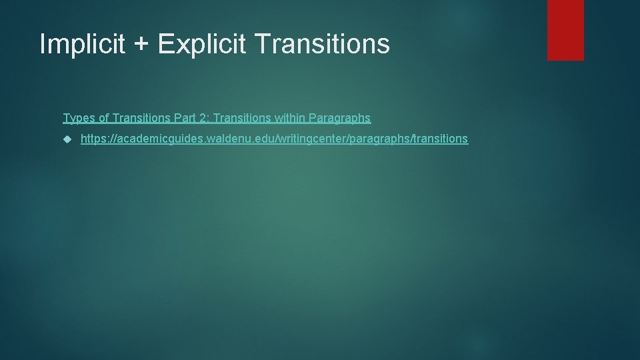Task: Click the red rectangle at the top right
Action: pyautogui.click(x=565, y=29)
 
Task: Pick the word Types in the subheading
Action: pyautogui.click(x=77, y=118)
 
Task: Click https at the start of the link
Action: pyautogui.click(x=93, y=139)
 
